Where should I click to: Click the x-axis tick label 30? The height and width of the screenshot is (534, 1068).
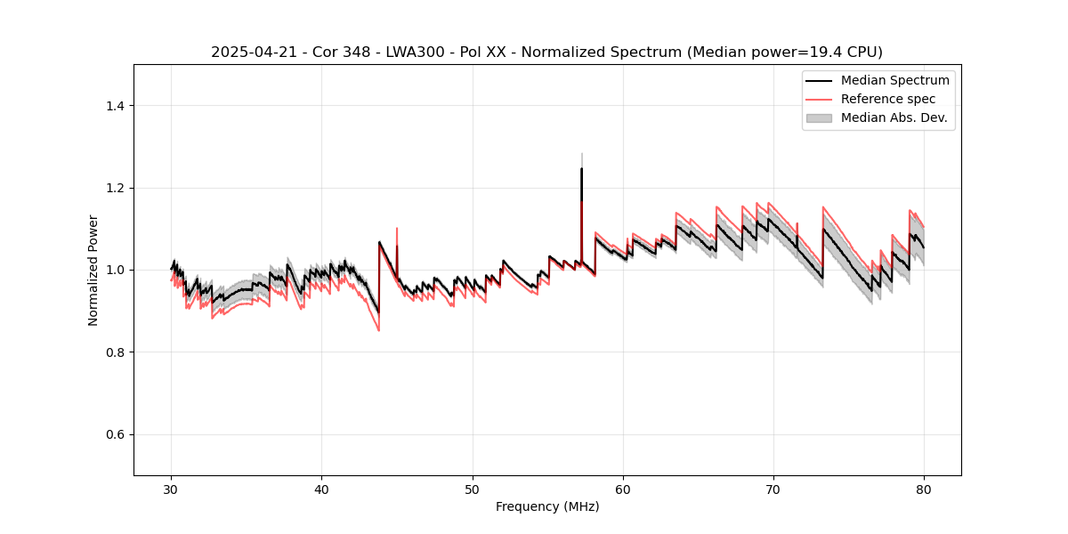(172, 489)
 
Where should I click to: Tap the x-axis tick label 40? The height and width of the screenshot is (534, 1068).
(322, 489)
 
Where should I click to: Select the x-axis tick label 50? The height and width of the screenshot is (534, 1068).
(473, 489)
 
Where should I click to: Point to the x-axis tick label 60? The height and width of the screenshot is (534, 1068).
(623, 489)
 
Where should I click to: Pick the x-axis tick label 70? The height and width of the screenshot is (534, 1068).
(773, 489)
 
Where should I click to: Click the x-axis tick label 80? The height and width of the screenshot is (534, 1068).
(924, 489)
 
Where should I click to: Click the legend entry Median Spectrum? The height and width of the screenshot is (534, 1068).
(894, 80)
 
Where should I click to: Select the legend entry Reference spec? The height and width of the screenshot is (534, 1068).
(888, 99)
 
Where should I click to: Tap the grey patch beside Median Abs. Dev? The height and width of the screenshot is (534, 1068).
(819, 117)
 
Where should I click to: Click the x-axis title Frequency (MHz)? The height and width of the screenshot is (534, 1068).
(547, 506)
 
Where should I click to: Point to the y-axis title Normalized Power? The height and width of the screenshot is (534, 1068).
(93, 270)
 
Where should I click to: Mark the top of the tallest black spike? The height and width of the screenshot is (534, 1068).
(581, 168)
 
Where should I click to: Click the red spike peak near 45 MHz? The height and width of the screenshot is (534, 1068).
(397, 229)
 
